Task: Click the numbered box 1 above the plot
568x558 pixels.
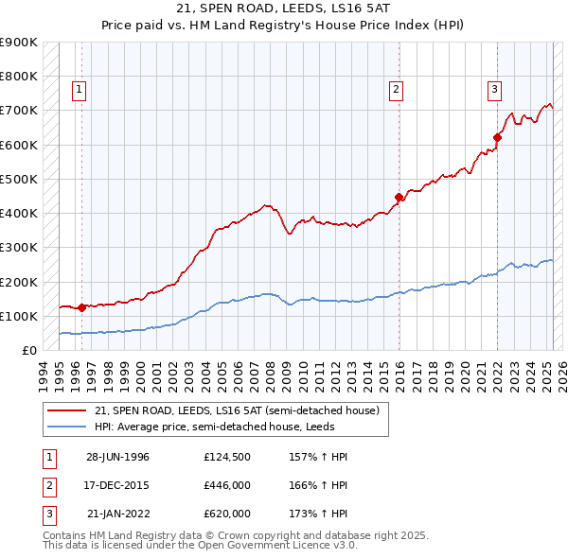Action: coord(78,90)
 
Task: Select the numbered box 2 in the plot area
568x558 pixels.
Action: coord(396,90)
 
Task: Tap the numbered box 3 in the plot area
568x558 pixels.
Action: coord(494,90)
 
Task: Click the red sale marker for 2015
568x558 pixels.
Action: coord(399,198)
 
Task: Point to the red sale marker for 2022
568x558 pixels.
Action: coord(497,138)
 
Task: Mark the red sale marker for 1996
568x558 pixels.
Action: coord(81,307)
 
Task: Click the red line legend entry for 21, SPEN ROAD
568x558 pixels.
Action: coord(237,410)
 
